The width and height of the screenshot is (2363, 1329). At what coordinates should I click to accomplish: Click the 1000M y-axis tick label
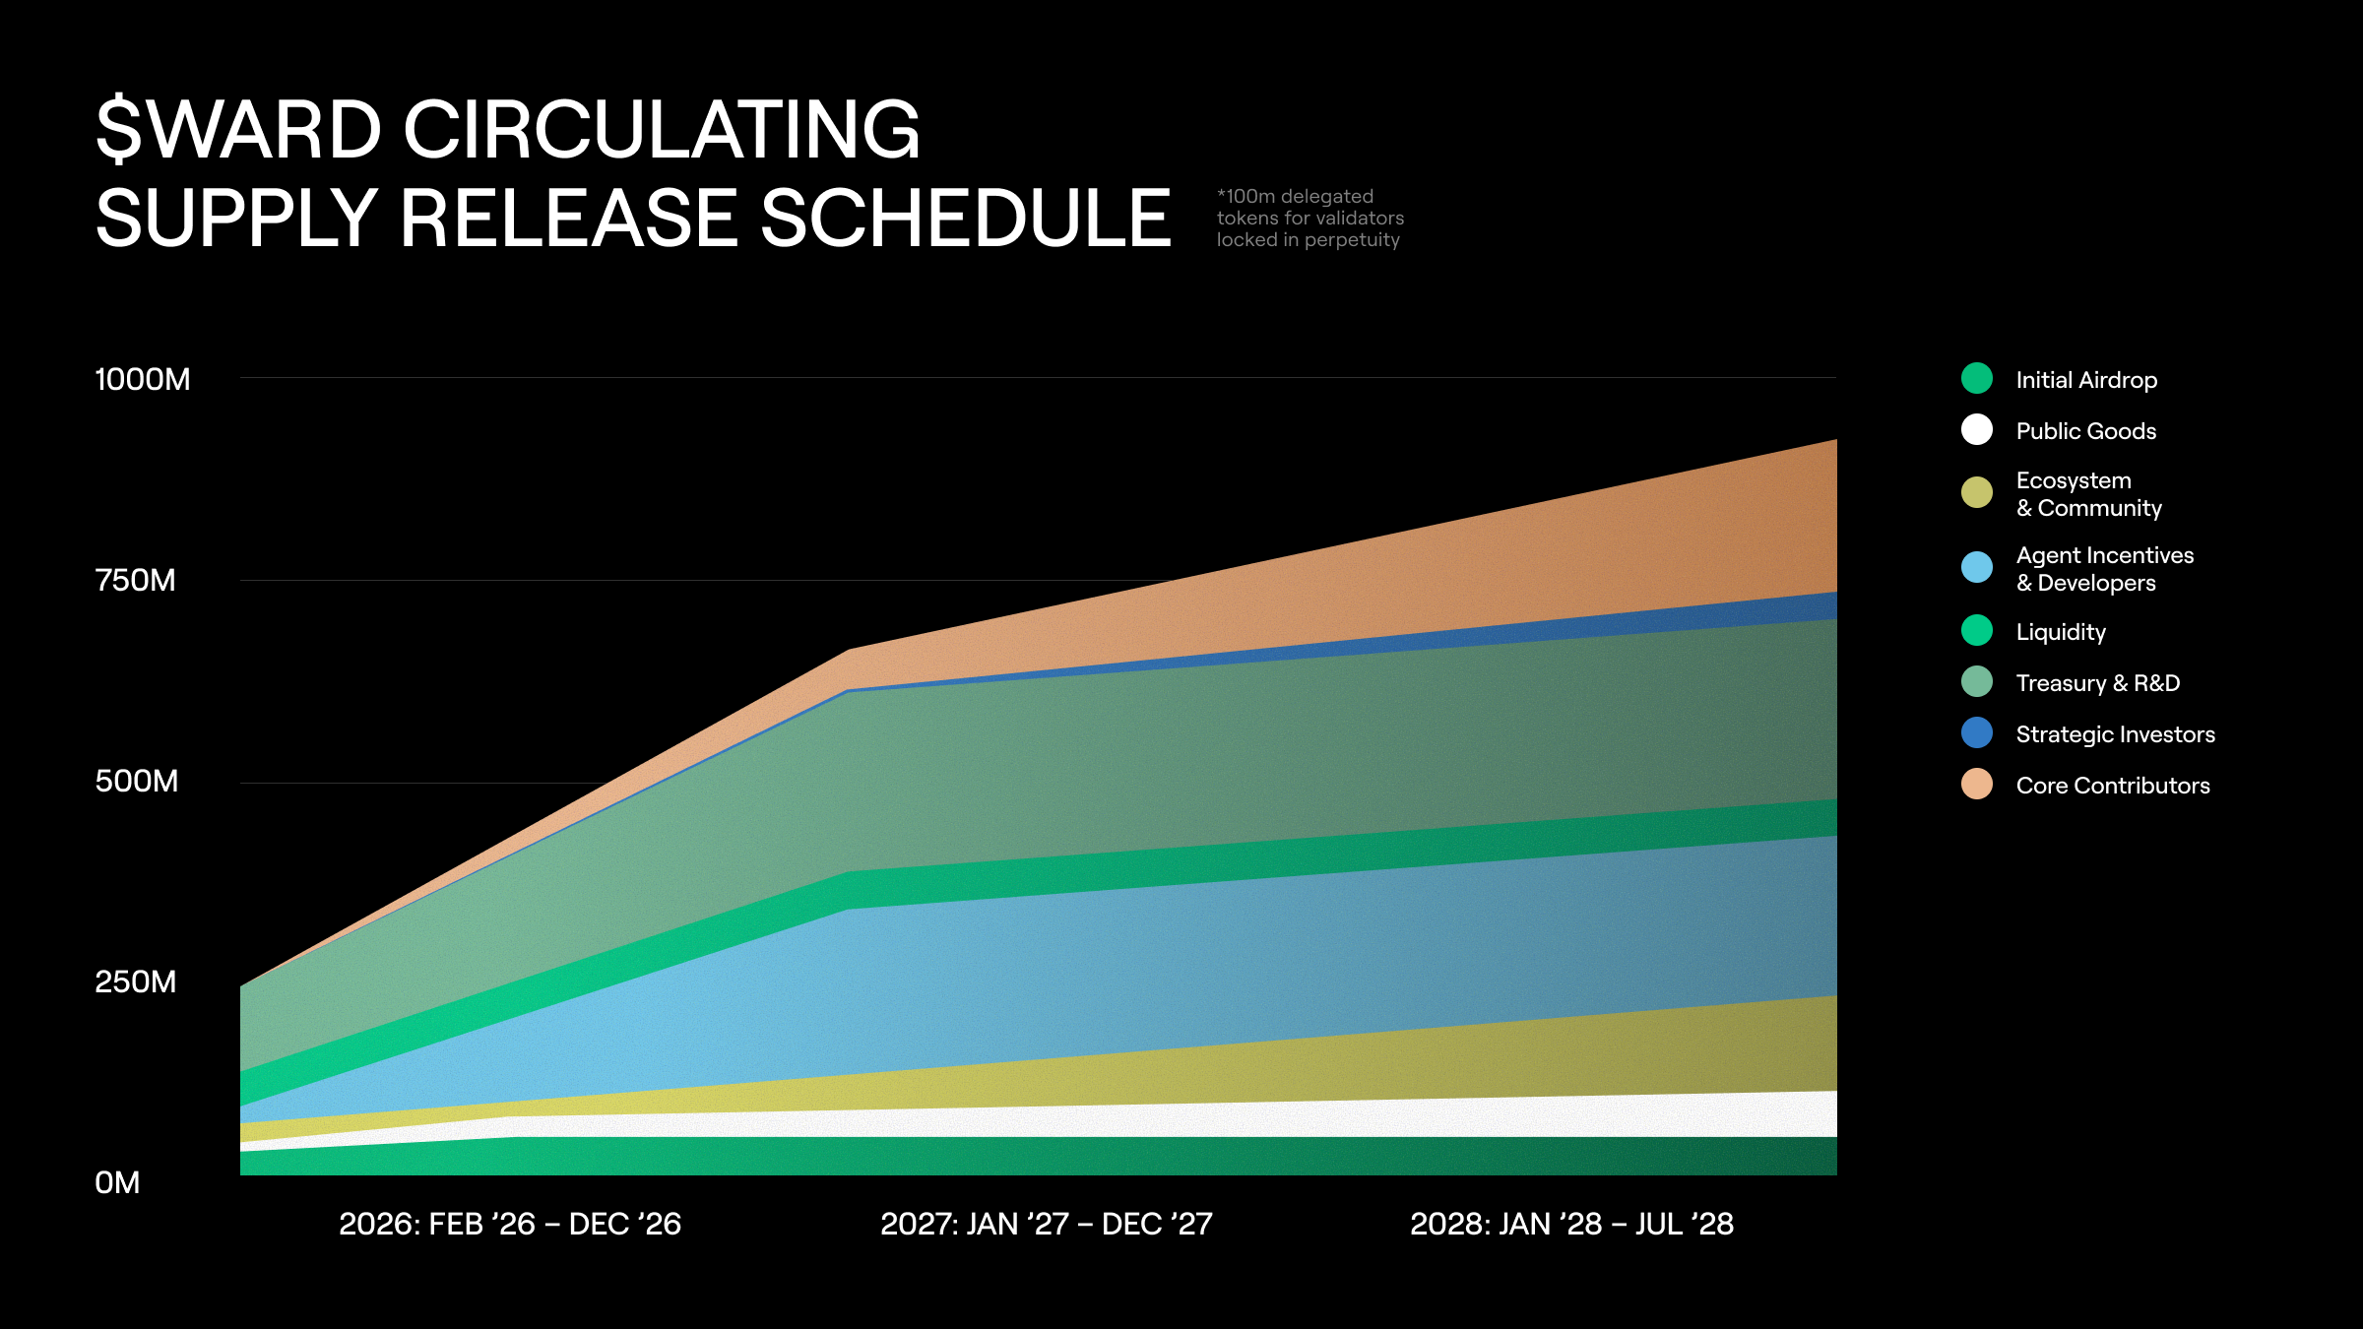tap(142, 379)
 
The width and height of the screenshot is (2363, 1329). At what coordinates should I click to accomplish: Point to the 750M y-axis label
tap(135, 580)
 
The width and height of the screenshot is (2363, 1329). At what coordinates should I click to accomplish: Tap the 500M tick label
tap(136, 781)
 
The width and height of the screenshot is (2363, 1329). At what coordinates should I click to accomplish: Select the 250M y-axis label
tap(135, 981)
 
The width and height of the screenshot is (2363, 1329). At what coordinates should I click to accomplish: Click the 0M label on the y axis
tap(117, 1182)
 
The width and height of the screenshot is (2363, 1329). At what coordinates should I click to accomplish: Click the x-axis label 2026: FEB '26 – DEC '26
tap(510, 1224)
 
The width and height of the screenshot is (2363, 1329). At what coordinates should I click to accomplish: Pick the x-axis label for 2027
tap(1046, 1224)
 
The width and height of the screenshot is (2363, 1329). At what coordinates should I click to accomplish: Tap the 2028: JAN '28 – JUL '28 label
tap(1571, 1224)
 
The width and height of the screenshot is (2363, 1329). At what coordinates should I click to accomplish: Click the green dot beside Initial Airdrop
tap(1976, 378)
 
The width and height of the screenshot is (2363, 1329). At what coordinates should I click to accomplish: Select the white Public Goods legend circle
tap(1976, 429)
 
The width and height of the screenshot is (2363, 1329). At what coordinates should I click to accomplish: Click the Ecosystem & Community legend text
tap(2088, 494)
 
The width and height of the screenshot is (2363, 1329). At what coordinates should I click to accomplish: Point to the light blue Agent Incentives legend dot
tap(1976, 567)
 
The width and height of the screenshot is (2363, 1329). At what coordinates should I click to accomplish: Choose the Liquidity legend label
tap(2061, 632)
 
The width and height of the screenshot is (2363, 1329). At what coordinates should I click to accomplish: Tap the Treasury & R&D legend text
tap(2097, 683)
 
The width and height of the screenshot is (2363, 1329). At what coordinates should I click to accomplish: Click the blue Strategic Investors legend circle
tap(1976, 732)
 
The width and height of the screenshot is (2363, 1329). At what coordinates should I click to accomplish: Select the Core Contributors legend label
tap(2112, 786)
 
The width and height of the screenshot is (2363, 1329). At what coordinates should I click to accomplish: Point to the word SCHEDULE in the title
tap(965, 219)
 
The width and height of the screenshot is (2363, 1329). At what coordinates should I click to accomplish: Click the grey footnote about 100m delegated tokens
tap(1309, 219)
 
